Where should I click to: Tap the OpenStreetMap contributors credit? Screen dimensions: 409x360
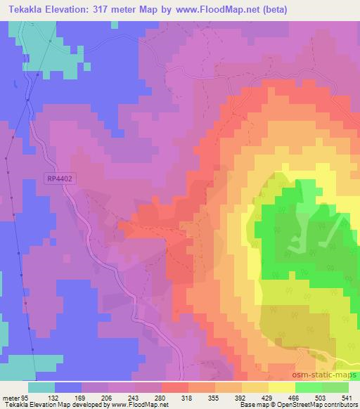tap(316, 405)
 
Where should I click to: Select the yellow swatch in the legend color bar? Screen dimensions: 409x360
tap(282, 387)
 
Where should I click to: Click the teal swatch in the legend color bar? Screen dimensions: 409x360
tap(41, 387)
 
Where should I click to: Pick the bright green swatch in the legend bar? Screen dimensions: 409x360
tap(309, 387)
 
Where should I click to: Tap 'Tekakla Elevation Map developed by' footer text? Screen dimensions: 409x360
tap(53, 405)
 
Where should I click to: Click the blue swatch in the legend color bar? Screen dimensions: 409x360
tap(68, 387)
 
